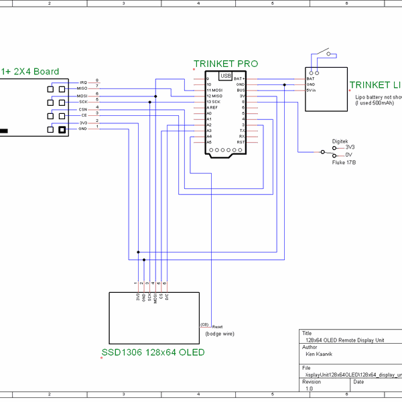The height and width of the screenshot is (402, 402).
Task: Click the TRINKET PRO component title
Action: pos(225,64)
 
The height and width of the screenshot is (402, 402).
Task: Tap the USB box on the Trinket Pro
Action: pos(225,76)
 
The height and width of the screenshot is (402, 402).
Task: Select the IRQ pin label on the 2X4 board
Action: pos(83,82)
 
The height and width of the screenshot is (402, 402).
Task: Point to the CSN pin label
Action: pos(82,109)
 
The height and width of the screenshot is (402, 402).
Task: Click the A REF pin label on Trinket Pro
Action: pos(212,107)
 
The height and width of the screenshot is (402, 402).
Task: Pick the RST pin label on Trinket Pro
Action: pos(241,142)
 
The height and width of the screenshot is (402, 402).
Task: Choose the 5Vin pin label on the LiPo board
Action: pos(311,90)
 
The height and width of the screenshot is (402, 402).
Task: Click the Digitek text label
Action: pos(340,141)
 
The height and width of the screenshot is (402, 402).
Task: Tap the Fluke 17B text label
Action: pos(344,162)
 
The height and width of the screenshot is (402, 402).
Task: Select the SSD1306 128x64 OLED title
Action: pos(153,352)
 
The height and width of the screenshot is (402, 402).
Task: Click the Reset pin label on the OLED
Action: pos(217,326)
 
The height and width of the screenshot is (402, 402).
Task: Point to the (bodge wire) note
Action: pos(220,334)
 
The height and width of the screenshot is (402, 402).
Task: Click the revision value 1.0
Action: pos(309,388)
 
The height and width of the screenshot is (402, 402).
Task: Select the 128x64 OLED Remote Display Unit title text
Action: pos(344,340)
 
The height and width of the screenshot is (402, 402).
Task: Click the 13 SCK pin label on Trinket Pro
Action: pos(214,101)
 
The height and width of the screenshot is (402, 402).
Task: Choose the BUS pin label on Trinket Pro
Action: pos(241,90)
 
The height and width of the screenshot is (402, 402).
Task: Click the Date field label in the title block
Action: pos(358,381)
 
